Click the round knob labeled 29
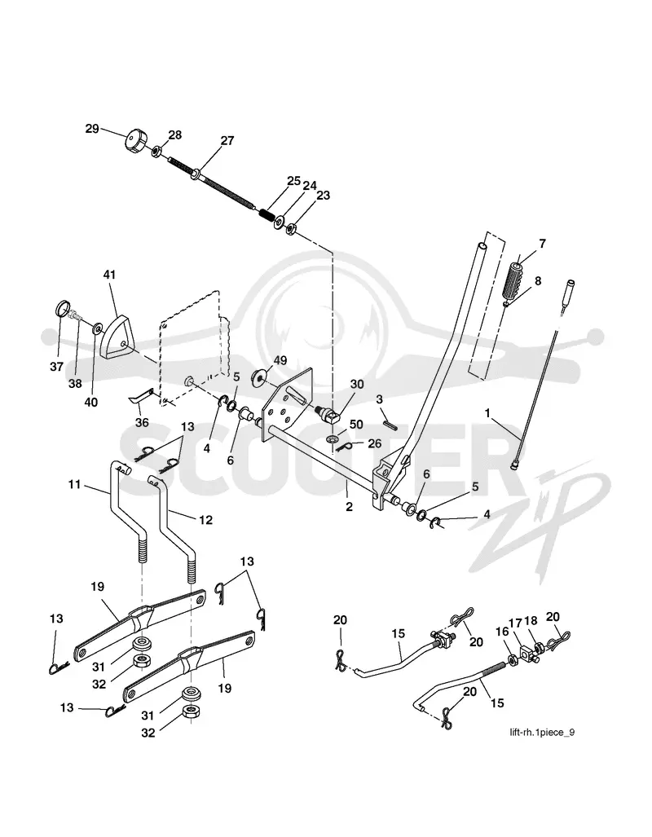pyautogui.click(x=135, y=141)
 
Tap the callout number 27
pyautogui.click(x=227, y=140)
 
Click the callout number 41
pyautogui.click(x=109, y=275)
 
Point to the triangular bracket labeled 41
pyautogui.click(x=116, y=337)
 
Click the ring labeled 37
pyautogui.click(x=64, y=309)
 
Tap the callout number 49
pyautogui.click(x=280, y=360)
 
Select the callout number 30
pyautogui.click(x=356, y=385)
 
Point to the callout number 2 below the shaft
pyautogui.click(x=349, y=506)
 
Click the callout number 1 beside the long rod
pyautogui.click(x=487, y=412)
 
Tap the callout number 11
pyautogui.click(x=74, y=484)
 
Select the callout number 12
pyautogui.click(x=205, y=519)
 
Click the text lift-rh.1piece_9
pyautogui.click(x=542, y=732)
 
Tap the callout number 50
pyautogui.click(x=356, y=424)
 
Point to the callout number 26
pyautogui.click(x=375, y=443)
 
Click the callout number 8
pyautogui.click(x=537, y=280)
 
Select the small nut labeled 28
pyautogui.click(x=156, y=152)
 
